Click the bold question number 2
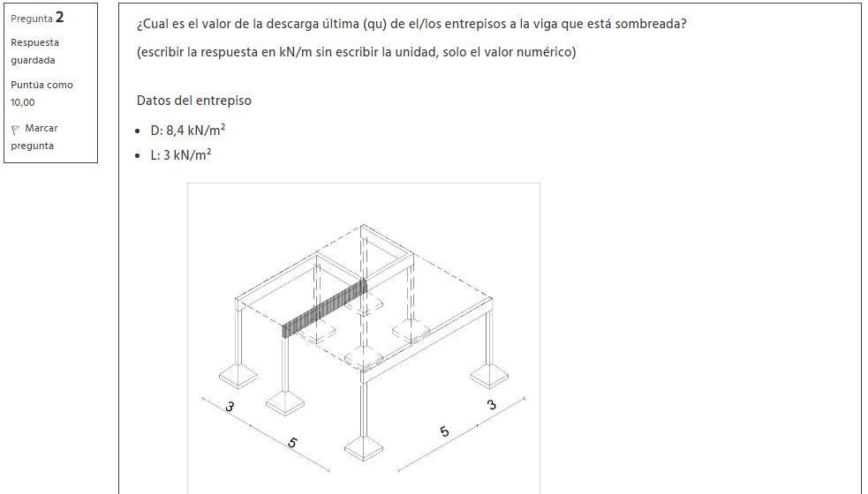click(60, 18)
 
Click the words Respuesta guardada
click(34, 51)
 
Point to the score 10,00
click(23, 102)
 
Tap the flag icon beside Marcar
click(15, 130)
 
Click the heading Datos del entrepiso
click(193, 101)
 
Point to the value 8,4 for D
click(175, 131)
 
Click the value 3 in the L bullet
click(167, 155)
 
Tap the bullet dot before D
click(138, 131)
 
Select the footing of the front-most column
click(364, 448)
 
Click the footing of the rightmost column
click(489, 376)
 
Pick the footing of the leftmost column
click(238, 376)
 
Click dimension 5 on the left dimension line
click(292, 443)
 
